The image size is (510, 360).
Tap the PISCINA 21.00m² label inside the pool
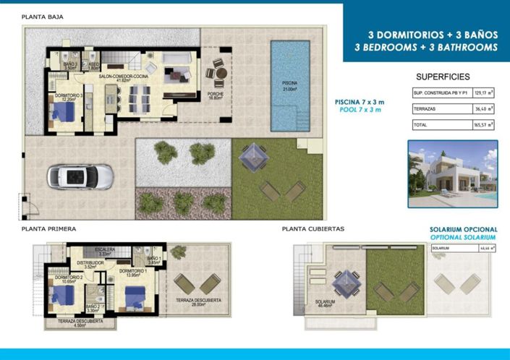tap(289, 86)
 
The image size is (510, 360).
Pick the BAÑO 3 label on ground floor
tap(70, 66)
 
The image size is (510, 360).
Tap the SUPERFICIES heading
tap(443, 77)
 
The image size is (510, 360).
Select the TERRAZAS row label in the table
tap(425, 109)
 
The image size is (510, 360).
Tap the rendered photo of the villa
tap(452, 173)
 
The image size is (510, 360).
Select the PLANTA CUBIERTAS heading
tap(313, 228)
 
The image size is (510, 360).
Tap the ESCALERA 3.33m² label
tap(106, 252)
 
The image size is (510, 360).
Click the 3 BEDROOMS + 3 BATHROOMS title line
tap(426, 47)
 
